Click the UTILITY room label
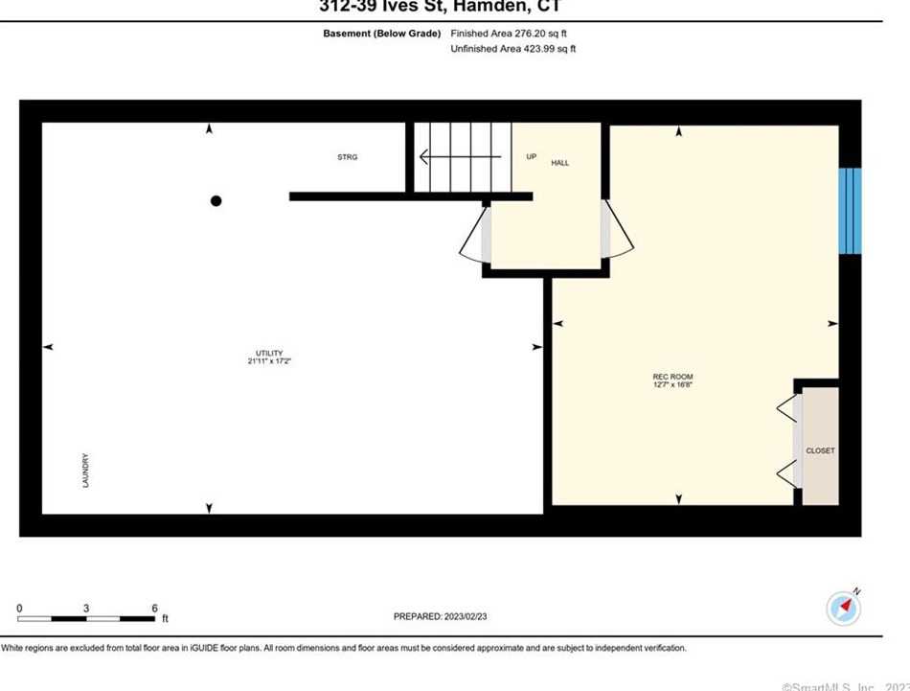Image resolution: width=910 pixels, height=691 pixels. point(269,353)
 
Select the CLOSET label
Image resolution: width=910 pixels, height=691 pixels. point(820,450)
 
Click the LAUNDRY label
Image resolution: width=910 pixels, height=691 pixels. point(85,471)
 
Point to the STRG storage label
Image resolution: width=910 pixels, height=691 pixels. point(347,157)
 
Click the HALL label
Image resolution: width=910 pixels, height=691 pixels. point(559,163)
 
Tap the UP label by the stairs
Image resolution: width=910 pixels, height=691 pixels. point(531,156)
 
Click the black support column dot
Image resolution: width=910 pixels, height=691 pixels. point(216,200)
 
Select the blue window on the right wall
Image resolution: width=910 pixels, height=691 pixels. point(850,211)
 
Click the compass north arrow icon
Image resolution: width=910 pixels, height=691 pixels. point(842,608)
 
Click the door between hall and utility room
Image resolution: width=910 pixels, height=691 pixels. point(475,235)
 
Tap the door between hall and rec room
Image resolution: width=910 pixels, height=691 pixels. point(616,229)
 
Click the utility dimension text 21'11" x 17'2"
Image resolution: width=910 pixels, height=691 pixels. point(269,361)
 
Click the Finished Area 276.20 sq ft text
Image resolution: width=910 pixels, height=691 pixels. point(508,33)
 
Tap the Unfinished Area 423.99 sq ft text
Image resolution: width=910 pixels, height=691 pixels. point(512,48)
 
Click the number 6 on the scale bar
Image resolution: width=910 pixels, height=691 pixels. point(154,609)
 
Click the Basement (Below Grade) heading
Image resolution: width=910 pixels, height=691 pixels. point(382,33)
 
